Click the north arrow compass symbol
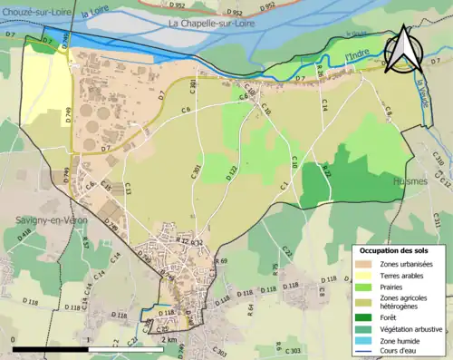(x=403, y=50)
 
